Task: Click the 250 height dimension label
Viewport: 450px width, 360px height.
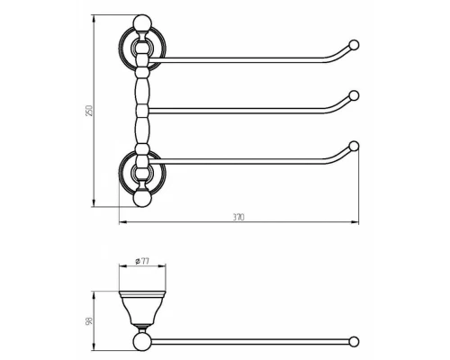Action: pyautogui.click(x=90, y=111)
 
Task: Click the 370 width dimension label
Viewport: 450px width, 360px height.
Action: pyautogui.click(x=238, y=217)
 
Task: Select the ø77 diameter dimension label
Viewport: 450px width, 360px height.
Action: pyautogui.click(x=142, y=261)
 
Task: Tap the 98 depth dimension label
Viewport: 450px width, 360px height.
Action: pyautogui.click(x=89, y=320)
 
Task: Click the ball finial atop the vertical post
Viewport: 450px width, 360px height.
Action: pyautogui.click(x=142, y=23)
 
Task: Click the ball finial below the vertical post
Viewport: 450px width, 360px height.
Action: pyautogui.click(x=142, y=198)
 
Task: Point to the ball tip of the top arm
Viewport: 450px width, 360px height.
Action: pyautogui.click(x=354, y=45)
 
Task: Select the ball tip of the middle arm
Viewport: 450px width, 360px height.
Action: pyautogui.click(x=354, y=95)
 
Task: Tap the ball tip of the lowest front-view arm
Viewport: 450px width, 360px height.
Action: pyautogui.click(x=354, y=146)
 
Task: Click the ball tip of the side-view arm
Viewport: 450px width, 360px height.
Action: pyautogui.click(x=354, y=342)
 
